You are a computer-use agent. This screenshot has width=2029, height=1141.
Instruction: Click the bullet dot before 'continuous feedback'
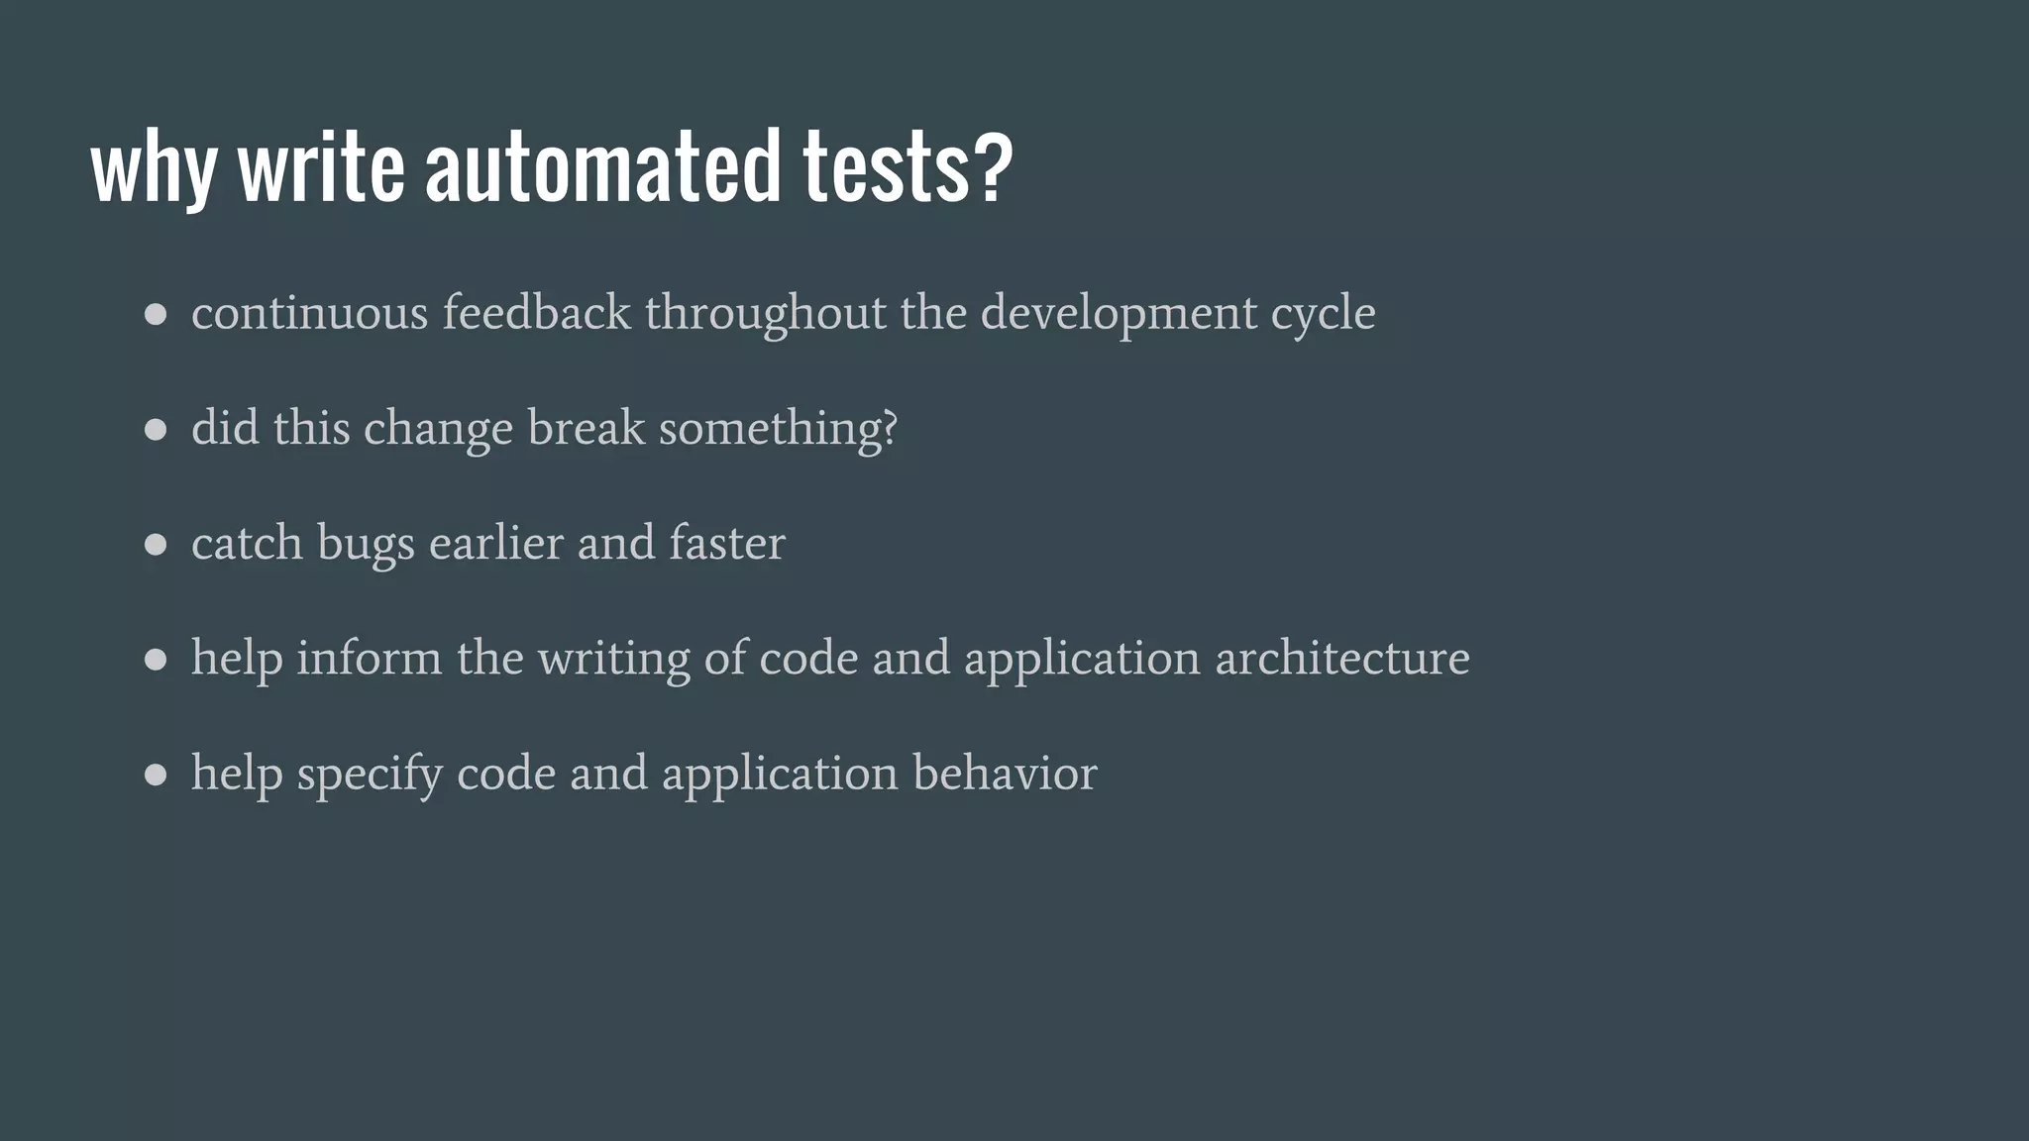(x=156, y=315)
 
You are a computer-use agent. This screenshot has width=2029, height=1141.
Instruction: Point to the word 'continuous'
(x=309, y=314)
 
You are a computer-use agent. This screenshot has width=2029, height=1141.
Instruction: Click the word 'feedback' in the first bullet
(x=536, y=312)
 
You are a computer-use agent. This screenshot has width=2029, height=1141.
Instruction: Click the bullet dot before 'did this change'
(x=156, y=430)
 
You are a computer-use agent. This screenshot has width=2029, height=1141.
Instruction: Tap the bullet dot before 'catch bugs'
(x=156, y=545)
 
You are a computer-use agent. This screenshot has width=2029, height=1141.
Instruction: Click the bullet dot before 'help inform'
(x=156, y=660)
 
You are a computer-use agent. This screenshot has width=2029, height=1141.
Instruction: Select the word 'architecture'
(x=1342, y=659)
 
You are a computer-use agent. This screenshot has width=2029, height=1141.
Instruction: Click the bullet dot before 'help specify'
(x=156, y=775)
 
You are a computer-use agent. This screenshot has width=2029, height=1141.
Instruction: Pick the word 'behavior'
(x=1005, y=774)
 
